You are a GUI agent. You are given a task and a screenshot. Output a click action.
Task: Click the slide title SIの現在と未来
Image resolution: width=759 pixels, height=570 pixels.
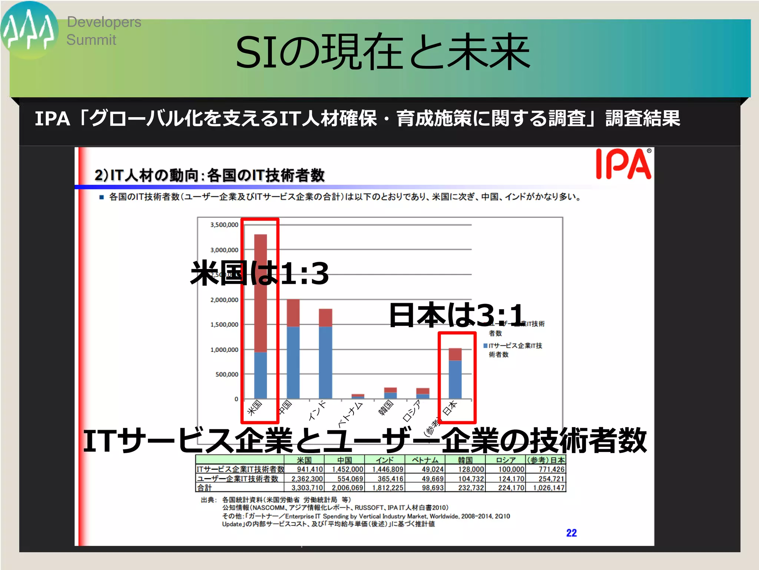tap(382, 52)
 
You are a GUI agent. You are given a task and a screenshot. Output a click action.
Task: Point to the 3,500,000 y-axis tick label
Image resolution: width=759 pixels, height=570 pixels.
tap(224, 225)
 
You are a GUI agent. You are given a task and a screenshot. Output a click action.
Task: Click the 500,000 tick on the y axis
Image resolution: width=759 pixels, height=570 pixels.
tap(227, 374)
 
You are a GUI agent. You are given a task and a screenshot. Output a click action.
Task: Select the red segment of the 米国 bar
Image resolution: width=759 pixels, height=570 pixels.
tap(261, 293)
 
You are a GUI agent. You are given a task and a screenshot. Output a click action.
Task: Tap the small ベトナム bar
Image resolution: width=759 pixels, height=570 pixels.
tap(358, 396)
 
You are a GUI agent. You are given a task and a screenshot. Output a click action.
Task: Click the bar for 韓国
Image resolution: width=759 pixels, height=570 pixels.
tap(390, 393)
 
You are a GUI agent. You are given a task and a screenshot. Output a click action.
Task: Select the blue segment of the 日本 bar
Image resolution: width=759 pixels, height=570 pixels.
tap(455, 379)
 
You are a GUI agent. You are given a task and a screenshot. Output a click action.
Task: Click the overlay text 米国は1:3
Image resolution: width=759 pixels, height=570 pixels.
tap(259, 273)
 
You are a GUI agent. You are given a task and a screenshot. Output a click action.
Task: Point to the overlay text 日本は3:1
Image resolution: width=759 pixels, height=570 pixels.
tap(457, 315)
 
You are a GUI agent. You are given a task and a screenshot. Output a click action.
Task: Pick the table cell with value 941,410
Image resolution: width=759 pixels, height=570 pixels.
tap(310, 469)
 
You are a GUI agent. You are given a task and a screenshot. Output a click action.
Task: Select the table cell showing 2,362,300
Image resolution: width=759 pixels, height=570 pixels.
tap(307, 479)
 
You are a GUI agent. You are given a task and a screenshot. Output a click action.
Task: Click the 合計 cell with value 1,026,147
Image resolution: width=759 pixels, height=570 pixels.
tap(548, 488)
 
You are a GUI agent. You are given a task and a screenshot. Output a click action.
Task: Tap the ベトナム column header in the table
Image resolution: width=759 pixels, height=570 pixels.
tap(425, 460)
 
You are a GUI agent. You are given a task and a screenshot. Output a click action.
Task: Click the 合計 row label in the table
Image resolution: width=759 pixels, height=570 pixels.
tap(205, 488)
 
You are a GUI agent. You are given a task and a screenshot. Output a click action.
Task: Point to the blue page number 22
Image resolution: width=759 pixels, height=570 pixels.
tap(571, 533)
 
